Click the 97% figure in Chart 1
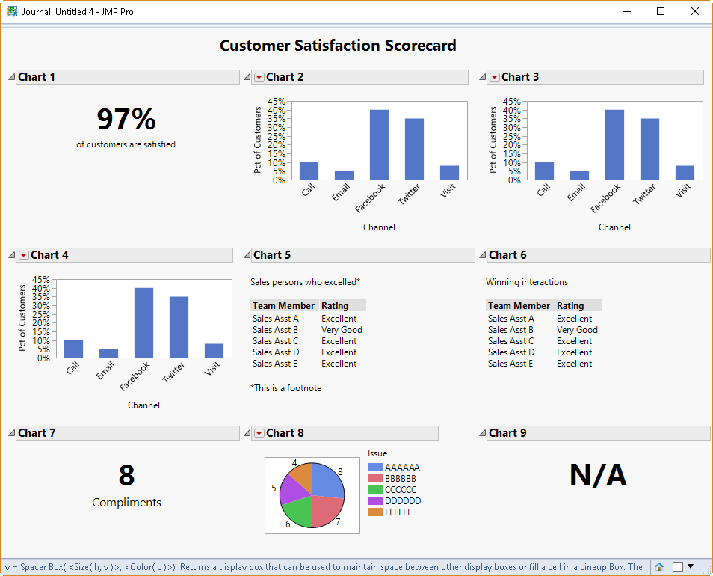point(126,120)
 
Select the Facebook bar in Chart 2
point(379,145)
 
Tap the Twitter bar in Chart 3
point(649,149)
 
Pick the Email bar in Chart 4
point(108,353)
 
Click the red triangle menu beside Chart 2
point(259,77)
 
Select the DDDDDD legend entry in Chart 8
point(402,501)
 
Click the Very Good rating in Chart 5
point(342,330)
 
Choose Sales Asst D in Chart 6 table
point(511,352)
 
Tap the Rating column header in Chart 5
point(335,305)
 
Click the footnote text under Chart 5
point(285,388)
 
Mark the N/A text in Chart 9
point(598,476)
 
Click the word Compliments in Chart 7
point(126,503)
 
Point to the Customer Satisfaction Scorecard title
point(338,46)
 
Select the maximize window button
point(661,12)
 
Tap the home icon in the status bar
point(659,567)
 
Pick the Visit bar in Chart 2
point(449,173)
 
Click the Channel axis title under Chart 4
point(143,405)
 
